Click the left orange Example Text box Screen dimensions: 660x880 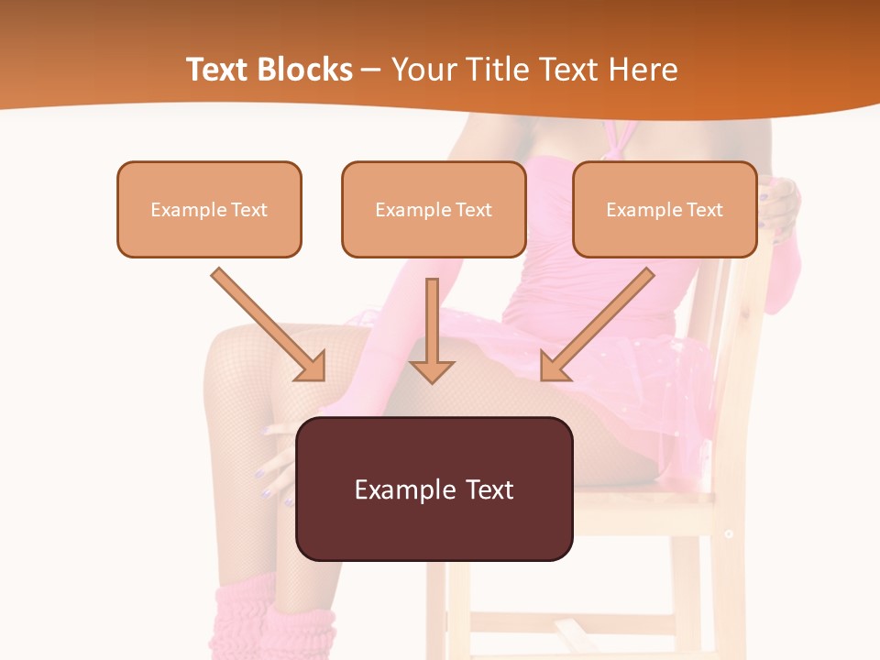[x=209, y=210]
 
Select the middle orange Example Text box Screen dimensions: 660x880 [x=434, y=210]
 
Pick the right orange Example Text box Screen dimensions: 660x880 [x=665, y=210]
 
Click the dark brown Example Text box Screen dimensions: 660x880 [x=434, y=489]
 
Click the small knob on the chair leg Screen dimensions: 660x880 [x=728, y=533]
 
